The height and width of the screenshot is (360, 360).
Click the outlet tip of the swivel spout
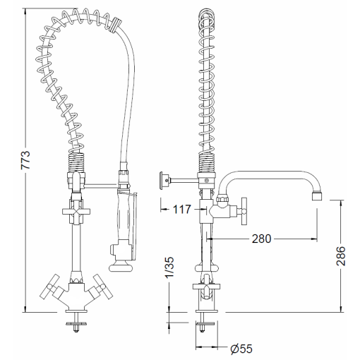coord(316,195)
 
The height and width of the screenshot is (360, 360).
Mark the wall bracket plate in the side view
coord(163,180)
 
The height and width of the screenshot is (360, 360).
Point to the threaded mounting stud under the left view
coord(74,325)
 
